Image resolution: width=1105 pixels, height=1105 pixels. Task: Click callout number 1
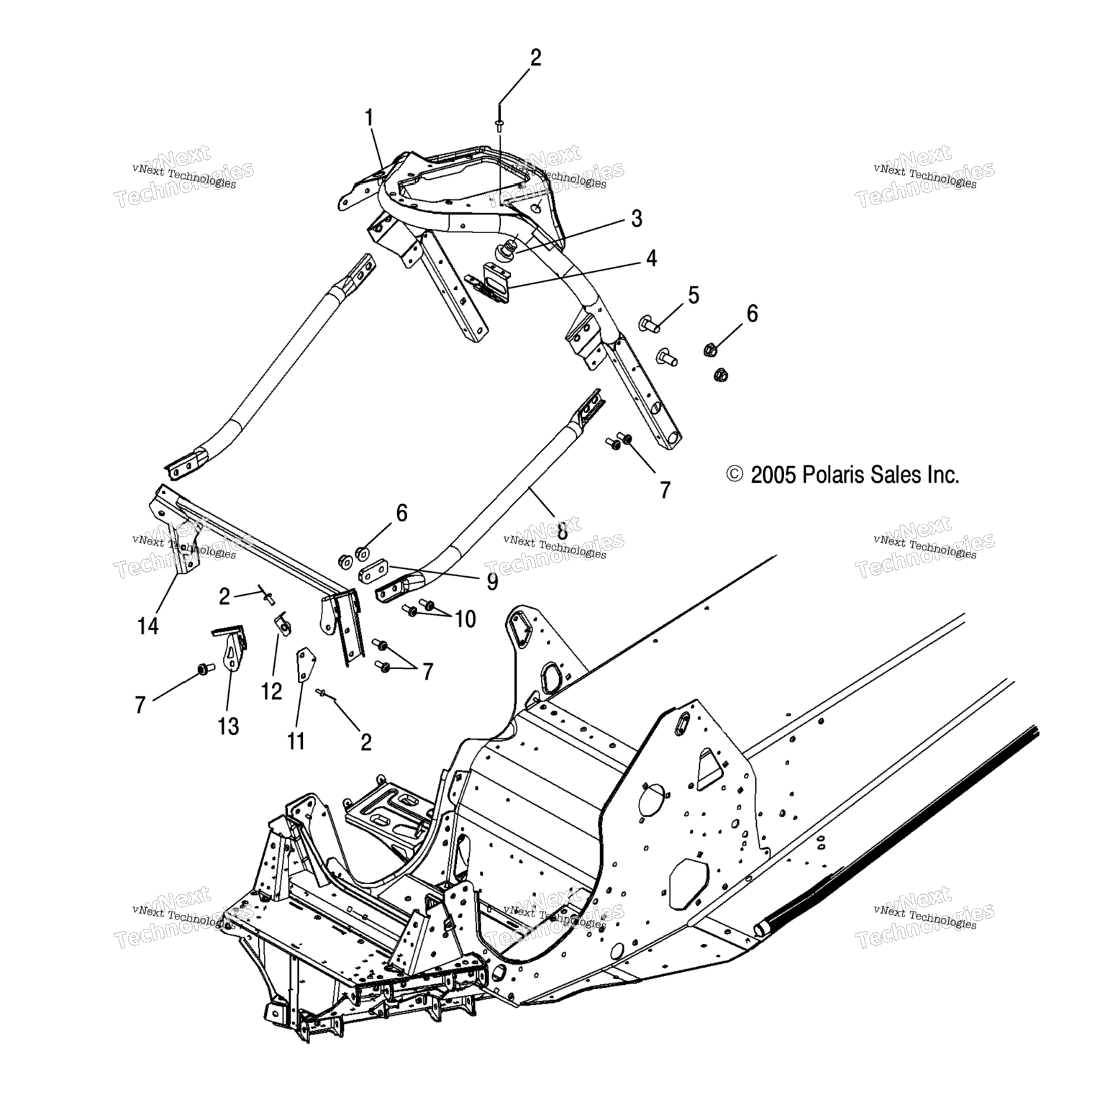point(370,118)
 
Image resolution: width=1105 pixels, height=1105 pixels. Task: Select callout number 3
point(636,218)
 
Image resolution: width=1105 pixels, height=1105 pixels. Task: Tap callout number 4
point(651,258)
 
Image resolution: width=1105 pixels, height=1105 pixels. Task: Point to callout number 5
point(694,295)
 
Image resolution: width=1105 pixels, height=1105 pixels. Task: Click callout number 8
point(562,532)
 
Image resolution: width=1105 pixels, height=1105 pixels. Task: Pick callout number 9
point(492,581)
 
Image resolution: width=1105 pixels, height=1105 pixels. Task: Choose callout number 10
point(465,619)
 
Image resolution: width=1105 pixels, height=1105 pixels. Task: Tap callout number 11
point(296,741)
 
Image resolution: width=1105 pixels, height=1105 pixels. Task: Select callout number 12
point(272,691)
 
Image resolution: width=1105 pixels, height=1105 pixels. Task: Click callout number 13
point(228,727)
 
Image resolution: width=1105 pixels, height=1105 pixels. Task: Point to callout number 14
point(147,626)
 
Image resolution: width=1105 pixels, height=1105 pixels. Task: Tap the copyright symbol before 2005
point(714,475)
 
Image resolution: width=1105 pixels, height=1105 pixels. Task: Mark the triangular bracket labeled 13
point(230,647)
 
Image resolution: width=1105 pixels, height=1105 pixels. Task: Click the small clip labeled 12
point(283,623)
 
